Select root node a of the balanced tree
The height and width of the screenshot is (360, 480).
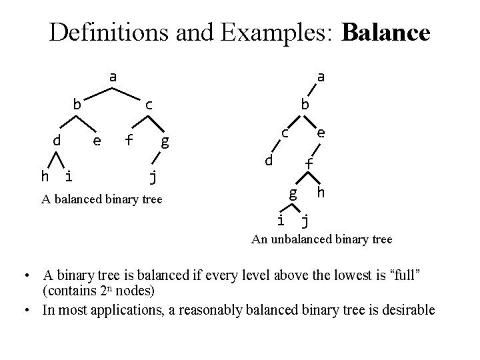tap(113, 77)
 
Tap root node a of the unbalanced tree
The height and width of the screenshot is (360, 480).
tap(321, 77)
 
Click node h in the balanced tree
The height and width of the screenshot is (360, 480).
tap(45, 177)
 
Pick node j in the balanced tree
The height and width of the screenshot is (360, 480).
tap(153, 177)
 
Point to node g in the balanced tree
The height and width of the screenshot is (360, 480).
tap(165, 141)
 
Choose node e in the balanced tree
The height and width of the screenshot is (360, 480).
tap(97, 140)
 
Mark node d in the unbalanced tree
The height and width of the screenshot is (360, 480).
tap(267, 161)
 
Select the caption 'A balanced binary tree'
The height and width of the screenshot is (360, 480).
tap(101, 199)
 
